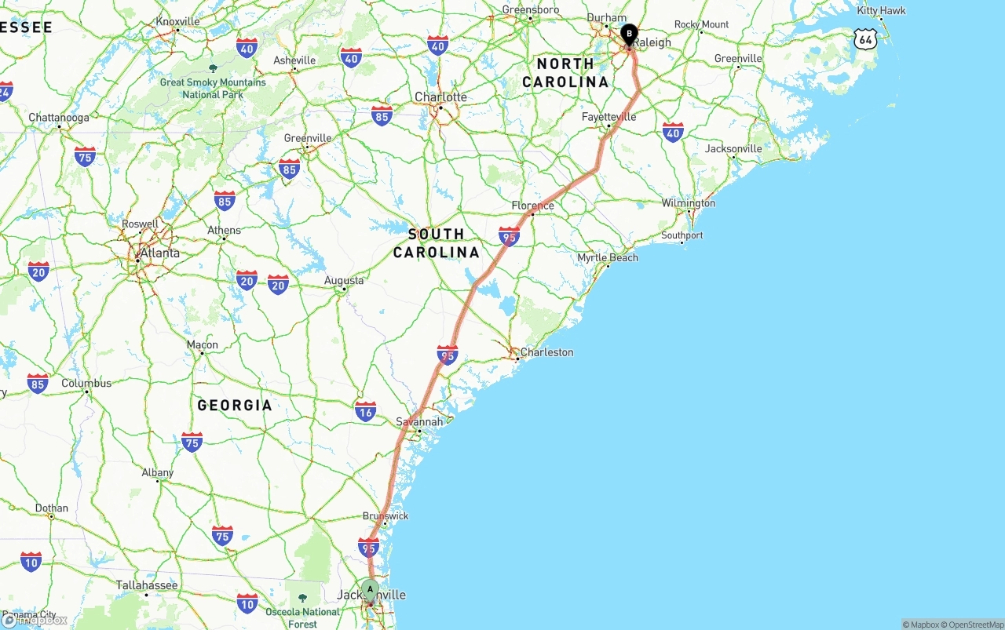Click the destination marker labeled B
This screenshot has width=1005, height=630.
(629, 35)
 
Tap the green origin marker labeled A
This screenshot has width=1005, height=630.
(370, 590)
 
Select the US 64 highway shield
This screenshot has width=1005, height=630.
(865, 38)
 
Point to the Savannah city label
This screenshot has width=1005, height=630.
(419, 421)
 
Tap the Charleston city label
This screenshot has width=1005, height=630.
(546, 352)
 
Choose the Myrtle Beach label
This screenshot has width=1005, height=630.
(608, 257)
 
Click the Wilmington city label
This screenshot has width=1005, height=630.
(688, 203)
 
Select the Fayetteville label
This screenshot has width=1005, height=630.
(608, 117)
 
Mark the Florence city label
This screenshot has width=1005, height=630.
(533, 206)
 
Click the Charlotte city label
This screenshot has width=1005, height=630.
(440, 97)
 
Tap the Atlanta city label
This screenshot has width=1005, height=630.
(159, 253)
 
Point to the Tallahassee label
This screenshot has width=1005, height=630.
(147, 585)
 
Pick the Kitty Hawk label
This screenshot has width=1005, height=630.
(881, 11)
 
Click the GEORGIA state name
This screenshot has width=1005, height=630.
(235, 406)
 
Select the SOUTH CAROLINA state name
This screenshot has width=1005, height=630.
(436, 243)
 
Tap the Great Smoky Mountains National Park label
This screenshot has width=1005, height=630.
(213, 88)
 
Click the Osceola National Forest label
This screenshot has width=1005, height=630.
(302, 617)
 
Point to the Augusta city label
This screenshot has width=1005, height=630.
(344, 280)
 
